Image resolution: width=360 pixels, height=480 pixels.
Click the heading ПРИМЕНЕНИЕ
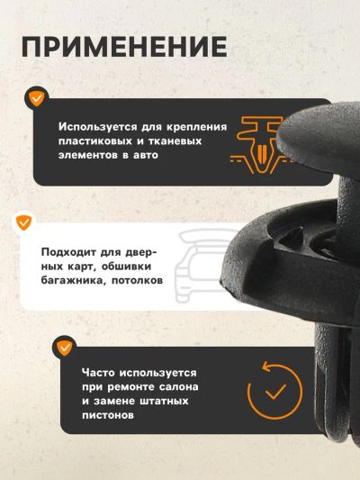point(124,47)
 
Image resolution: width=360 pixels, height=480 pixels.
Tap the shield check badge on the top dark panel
point(37,98)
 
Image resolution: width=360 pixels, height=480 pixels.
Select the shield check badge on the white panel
point(24,222)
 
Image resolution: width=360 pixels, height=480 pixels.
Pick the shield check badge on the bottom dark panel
point(64,348)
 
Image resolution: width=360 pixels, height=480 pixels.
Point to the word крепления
point(197,127)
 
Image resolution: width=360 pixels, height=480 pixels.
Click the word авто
point(146,155)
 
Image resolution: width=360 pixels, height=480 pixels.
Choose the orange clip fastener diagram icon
point(256,145)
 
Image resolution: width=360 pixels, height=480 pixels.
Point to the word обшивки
point(126,267)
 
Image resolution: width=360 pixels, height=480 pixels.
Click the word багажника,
point(74,280)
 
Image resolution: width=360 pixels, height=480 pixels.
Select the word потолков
point(137,280)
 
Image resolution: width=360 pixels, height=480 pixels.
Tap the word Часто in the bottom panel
point(98,373)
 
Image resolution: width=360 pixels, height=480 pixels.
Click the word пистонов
point(108,415)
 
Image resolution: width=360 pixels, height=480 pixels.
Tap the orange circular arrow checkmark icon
point(274,391)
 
